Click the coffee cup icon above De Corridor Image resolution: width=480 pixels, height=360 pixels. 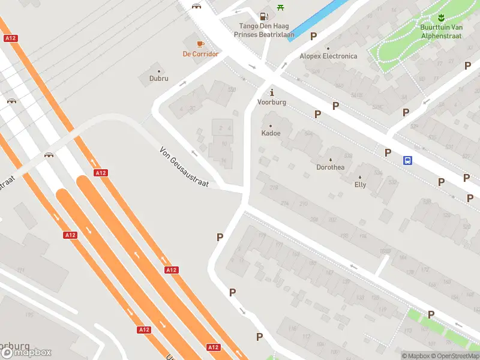(200, 43)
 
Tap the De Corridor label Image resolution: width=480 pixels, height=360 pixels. (200, 54)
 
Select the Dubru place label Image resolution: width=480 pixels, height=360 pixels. (159, 79)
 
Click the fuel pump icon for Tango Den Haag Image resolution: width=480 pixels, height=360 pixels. (263, 16)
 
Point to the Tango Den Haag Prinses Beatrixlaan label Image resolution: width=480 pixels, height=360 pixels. (266, 30)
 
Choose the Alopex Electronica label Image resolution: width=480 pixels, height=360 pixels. (328, 56)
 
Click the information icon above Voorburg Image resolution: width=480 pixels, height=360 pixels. (272, 92)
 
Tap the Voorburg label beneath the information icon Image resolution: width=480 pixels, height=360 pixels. (272, 103)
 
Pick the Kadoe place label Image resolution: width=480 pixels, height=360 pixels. (271, 133)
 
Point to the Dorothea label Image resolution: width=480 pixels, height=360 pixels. (331, 167)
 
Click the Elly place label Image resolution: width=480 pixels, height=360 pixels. (360, 185)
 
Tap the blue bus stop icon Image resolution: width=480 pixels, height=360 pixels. (407, 160)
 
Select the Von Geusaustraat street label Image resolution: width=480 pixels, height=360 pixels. (184, 167)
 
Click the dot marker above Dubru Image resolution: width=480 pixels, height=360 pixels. (159, 71)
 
